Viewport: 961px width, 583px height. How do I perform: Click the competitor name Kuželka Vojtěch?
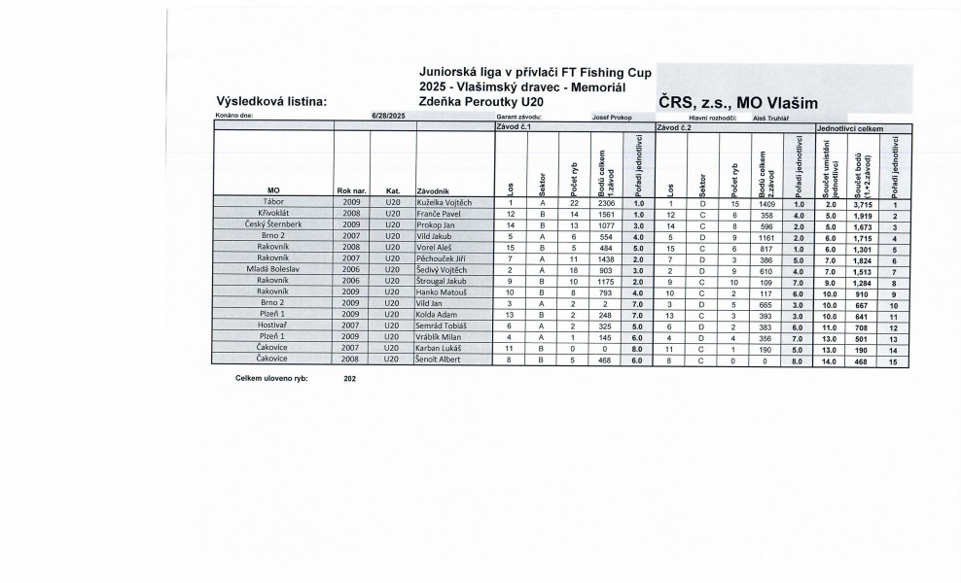(444, 202)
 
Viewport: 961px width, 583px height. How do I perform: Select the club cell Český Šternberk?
(270, 224)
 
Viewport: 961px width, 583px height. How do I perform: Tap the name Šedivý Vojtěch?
(443, 269)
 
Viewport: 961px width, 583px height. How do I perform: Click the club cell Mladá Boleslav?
(271, 269)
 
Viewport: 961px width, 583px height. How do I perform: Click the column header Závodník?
(433, 189)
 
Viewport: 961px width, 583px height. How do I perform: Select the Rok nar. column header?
(351, 189)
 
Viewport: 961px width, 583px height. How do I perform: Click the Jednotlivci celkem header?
(850, 127)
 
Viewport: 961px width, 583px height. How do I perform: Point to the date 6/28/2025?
(388, 117)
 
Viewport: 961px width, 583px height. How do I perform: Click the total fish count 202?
(350, 378)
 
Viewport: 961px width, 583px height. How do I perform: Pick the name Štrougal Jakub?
(443, 280)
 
